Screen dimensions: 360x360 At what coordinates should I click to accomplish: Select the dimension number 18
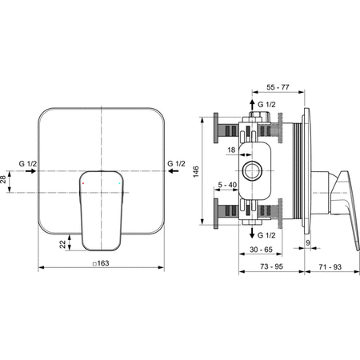tap(232, 149)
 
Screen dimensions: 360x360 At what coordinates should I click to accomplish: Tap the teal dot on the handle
tap(119, 183)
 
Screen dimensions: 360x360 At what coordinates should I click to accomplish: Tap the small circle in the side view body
tap(254, 170)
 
